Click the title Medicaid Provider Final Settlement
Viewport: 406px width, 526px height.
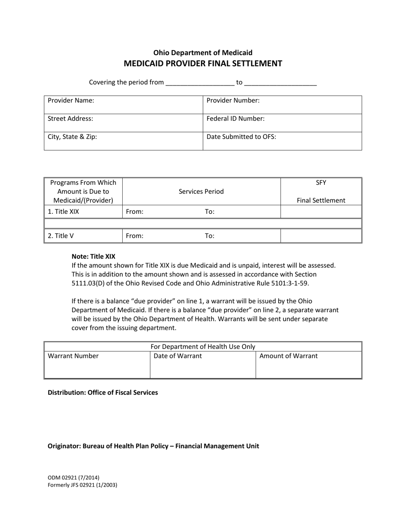(x=203, y=64)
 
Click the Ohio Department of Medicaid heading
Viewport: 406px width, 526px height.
(x=203, y=53)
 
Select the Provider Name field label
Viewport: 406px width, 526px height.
(x=71, y=100)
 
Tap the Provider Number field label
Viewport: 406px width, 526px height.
(x=233, y=100)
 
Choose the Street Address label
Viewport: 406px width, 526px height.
(x=71, y=118)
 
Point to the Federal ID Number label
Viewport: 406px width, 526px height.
(x=235, y=118)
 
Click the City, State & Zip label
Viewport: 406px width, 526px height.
(x=72, y=137)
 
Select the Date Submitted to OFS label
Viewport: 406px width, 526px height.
(x=241, y=137)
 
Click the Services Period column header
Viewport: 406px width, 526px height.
(x=201, y=192)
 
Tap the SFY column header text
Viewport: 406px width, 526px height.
(x=321, y=183)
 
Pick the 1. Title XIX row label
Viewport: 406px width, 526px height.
(x=63, y=211)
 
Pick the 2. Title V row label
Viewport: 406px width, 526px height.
(x=61, y=236)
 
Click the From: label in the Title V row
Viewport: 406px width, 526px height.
(x=135, y=236)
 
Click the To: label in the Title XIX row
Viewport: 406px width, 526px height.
(x=210, y=211)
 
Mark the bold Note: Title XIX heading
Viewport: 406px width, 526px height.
(x=93, y=257)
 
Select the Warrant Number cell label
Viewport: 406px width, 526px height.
(x=73, y=356)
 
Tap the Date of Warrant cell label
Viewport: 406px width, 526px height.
(x=178, y=356)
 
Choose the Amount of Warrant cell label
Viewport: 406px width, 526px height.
(x=288, y=356)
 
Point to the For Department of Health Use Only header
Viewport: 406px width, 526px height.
(x=203, y=347)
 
